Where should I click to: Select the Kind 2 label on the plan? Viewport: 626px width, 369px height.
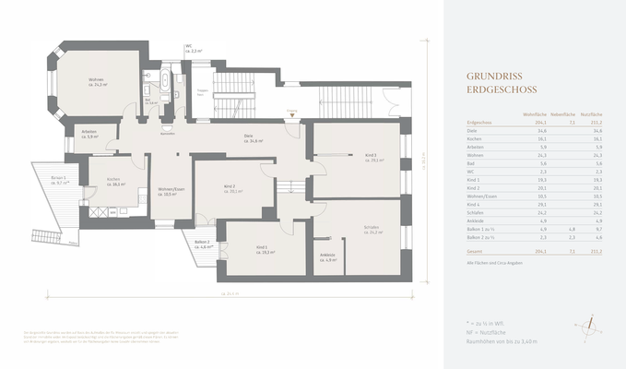(x=230, y=189)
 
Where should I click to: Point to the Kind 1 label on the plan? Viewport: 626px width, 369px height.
(x=262, y=249)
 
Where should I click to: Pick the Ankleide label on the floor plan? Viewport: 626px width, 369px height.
(x=326, y=257)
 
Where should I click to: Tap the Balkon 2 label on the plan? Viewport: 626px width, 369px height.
(x=203, y=245)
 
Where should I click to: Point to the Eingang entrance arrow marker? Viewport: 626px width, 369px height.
(x=291, y=113)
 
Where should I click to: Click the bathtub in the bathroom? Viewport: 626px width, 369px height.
(x=165, y=83)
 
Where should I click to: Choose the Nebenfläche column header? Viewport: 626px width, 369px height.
(x=561, y=113)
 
